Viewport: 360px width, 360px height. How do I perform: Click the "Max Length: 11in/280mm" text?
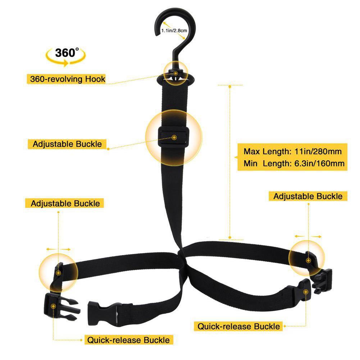coord(292,151)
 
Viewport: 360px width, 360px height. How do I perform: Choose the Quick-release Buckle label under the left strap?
coord(128,340)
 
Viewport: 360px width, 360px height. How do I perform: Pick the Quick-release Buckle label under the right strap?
coord(238,327)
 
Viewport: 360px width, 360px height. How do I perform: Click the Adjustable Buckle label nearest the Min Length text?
coord(308,196)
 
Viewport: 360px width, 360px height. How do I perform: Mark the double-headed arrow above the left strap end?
coord(58,249)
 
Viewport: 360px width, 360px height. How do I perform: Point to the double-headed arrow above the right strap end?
coord(308,236)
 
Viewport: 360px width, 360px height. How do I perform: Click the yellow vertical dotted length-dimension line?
coord(229,162)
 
